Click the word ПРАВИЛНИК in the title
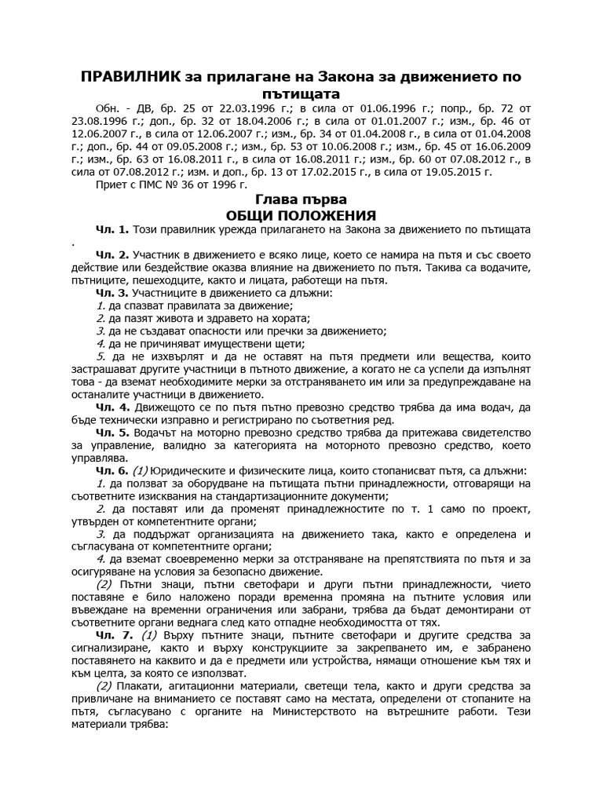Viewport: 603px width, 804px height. click(129, 76)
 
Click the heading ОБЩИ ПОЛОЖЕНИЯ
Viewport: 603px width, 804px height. click(301, 215)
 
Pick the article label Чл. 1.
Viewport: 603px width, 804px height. click(112, 229)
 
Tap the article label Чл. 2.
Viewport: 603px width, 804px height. click(112, 255)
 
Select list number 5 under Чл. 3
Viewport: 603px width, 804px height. click(100, 356)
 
